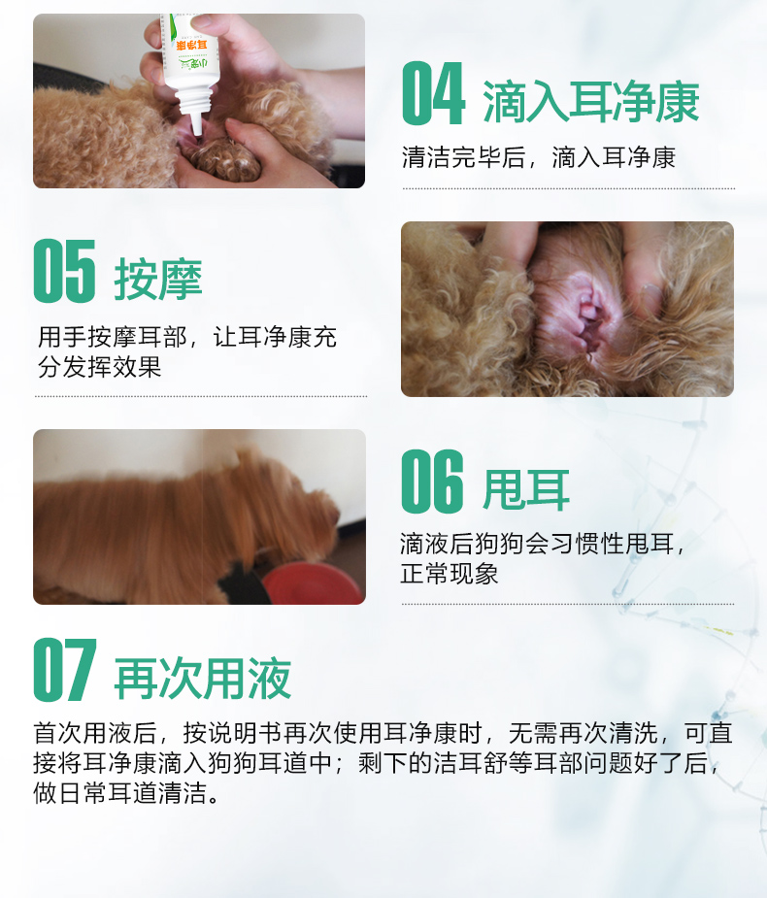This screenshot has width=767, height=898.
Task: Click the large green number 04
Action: point(433,93)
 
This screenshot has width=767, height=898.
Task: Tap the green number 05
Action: point(65,271)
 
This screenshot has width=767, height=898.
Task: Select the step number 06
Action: point(432,482)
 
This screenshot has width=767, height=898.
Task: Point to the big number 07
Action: point(65,670)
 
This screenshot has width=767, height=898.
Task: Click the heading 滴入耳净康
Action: point(590,102)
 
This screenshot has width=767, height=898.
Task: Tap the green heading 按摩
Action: point(158,279)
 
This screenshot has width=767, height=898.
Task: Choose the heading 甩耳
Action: point(526,489)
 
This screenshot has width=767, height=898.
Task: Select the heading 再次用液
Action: point(203,678)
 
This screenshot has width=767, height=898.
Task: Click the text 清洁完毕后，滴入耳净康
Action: point(539,157)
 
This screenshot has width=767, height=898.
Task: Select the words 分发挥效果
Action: point(100,367)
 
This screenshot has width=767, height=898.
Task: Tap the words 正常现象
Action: point(450,574)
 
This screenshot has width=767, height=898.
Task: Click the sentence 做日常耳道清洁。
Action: point(126,793)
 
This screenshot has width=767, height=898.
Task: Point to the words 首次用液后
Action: point(95,733)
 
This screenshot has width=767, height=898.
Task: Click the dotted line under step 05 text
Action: point(200,396)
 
